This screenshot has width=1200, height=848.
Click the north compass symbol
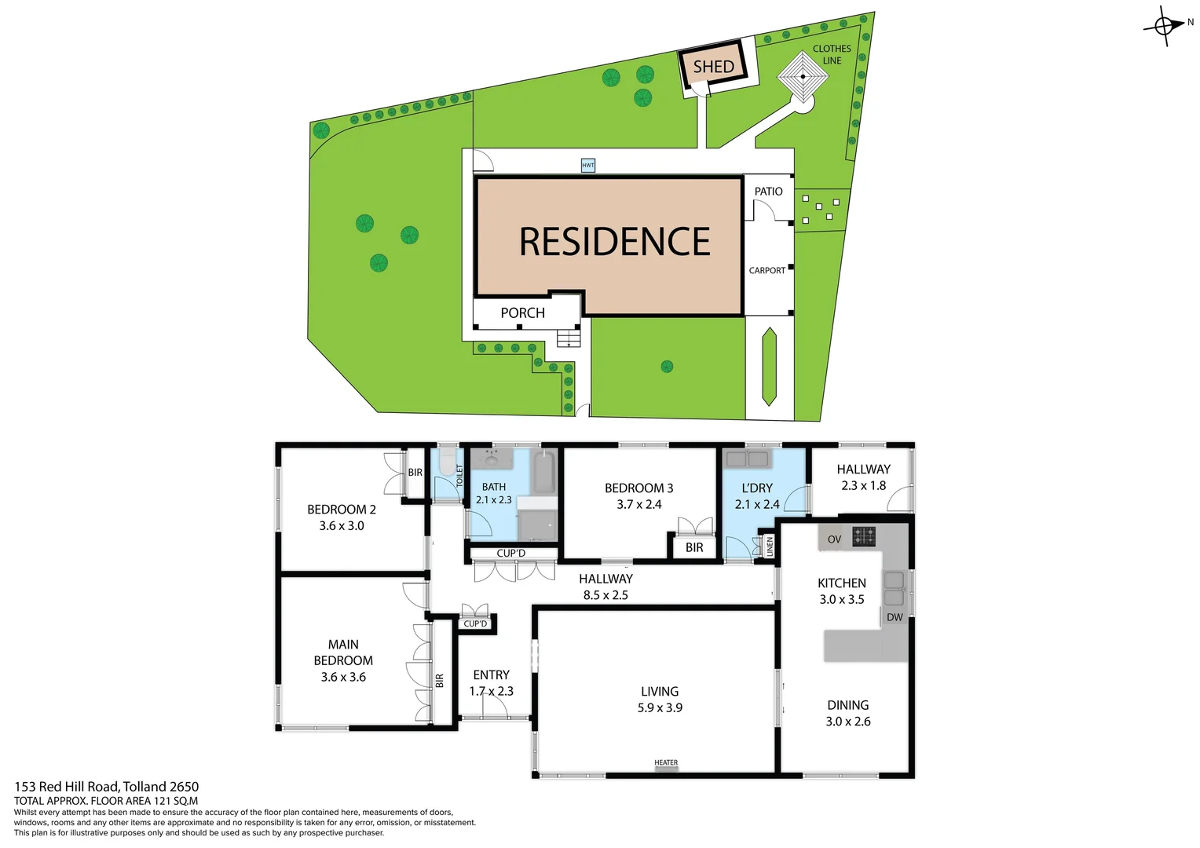pyautogui.click(x=1165, y=26)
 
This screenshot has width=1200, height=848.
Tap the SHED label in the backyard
pyautogui.click(x=713, y=67)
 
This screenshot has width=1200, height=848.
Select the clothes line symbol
pyautogui.click(x=803, y=77)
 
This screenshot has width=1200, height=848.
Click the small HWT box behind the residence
pyautogui.click(x=588, y=165)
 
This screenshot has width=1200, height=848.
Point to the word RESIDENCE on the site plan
pyautogui.click(x=614, y=242)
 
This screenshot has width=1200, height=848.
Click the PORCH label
pyautogui.click(x=522, y=313)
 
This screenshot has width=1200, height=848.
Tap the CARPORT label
pyautogui.click(x=766, y=270)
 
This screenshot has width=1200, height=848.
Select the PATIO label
pyautogui.click(x=768, y=191)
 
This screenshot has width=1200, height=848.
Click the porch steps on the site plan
pyautogui.click(x=568, y=338)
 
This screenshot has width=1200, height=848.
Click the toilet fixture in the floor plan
pyautogui.click(x=447, y=463)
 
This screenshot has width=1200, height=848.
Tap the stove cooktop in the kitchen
pyautogui.click(x=864, y=536)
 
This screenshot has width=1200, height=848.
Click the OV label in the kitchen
pyautogui.click(x=834, y=539)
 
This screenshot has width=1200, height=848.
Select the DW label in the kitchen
pyautogui.click(x=895, y=617)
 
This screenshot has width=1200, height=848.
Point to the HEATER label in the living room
pyautogui.click(x=666, y=762)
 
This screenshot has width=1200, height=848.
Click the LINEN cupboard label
pyautogui.click(x=770, y=546)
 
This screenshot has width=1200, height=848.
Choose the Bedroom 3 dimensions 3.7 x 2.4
pyautogui.click(x=638, y=504)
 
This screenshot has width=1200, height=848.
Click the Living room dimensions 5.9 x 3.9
pyautogui.click(x=660, y=707)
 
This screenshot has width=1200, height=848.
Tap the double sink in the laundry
pyautogui.click(x=747, y=459)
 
